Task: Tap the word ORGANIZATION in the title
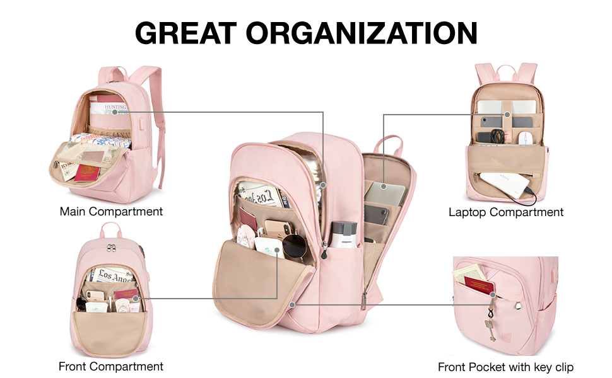362,32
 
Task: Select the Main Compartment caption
111,212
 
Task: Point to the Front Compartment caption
111,366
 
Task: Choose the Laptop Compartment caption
506,212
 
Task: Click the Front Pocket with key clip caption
506,367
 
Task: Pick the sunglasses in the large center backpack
294,246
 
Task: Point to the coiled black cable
498,135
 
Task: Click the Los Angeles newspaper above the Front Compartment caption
114,276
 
